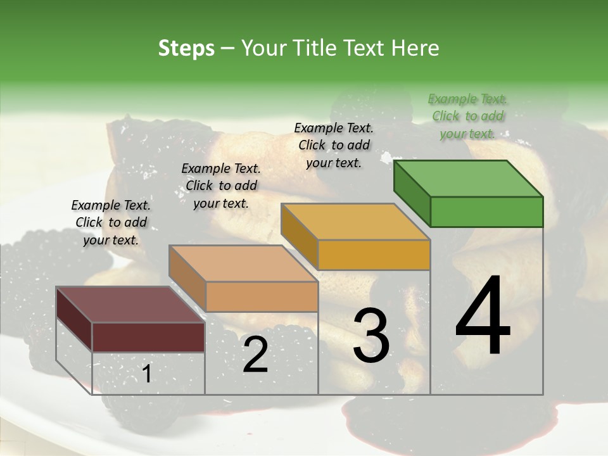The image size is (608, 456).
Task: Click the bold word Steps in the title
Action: tap(186, 48)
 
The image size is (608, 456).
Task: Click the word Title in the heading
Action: tap(316, 48)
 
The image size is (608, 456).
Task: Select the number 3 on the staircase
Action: tap(370, 335)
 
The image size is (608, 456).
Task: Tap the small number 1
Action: tap(146, 374)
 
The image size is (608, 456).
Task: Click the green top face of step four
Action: tap(468, 179)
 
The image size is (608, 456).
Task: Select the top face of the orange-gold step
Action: tap(355, 222)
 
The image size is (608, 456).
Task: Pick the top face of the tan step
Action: tap(243, 263)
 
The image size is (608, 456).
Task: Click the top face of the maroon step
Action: tap(130, 305)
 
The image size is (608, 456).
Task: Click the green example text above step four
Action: tap(467, 116)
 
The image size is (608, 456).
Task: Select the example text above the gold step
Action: tap(334, 145)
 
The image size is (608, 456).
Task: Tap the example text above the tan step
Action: tap(221, 186)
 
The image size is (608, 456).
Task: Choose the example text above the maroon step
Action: tap(111, 222)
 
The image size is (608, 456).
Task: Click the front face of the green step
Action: tap(486, 212)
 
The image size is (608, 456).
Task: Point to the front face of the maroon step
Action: tap(148, 337)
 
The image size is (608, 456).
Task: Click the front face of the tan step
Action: tap(262, 296)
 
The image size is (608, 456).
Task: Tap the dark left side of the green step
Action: tap(412, 194)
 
